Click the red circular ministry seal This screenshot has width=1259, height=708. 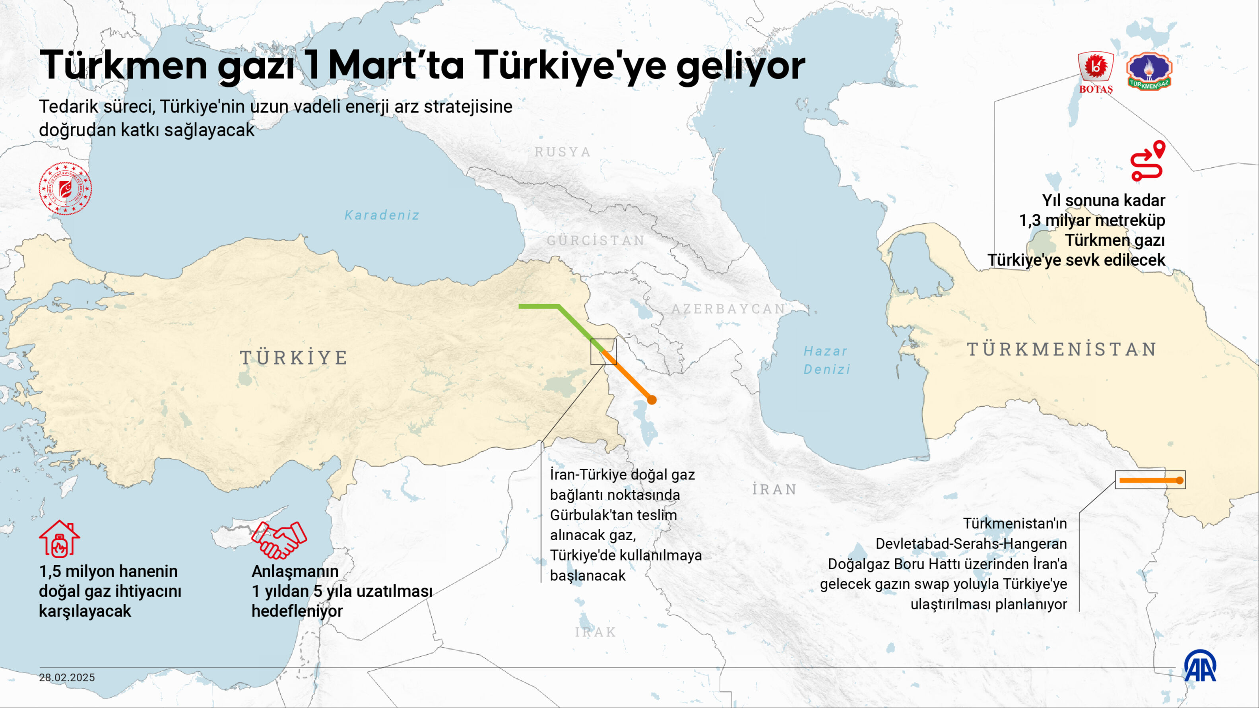click(x=65, y=188)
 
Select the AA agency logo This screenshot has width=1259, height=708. click(x=1200, y=666)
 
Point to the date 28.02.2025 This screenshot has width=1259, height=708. click(x=67, y=677)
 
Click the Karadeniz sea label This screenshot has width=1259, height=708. click(x=382, y=215)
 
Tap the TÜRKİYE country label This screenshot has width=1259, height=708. click(x=294, y=358)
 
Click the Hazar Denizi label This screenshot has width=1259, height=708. click(x=827, y=360)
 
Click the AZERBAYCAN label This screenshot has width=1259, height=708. click(x=728, y=309)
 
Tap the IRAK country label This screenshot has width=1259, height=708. click(x=595, y=632)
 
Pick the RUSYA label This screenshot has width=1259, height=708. click(x=563, y=152)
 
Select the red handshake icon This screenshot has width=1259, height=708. click(x=279, y=539)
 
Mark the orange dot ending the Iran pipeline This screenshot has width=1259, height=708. click(x=652, y=400)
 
